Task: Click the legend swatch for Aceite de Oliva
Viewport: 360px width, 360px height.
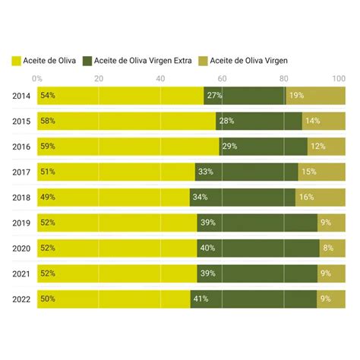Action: pos(17,60)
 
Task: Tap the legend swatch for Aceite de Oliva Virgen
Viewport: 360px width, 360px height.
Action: pos(202,60)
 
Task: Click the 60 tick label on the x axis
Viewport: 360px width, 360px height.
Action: pos(222,78)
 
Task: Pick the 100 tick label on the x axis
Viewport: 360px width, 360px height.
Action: pos(339,78)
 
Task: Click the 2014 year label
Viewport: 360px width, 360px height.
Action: pos(21,96)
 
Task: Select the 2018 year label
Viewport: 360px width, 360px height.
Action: pos(21,197)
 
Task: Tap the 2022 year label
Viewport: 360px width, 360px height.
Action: pos(21,299)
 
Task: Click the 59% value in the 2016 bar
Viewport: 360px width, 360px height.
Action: pos(48,147)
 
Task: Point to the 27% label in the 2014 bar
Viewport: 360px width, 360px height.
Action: pos(214,96)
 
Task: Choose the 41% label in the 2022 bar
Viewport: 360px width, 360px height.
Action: pos(201,299)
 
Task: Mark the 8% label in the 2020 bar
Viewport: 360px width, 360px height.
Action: pos(328,248)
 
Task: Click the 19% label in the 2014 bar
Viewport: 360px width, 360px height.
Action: pos(296,96)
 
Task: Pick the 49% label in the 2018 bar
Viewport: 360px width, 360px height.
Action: pos(48,197)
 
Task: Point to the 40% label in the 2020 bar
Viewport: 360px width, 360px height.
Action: pos(207,248)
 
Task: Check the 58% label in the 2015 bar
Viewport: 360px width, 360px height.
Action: pos(48,122)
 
